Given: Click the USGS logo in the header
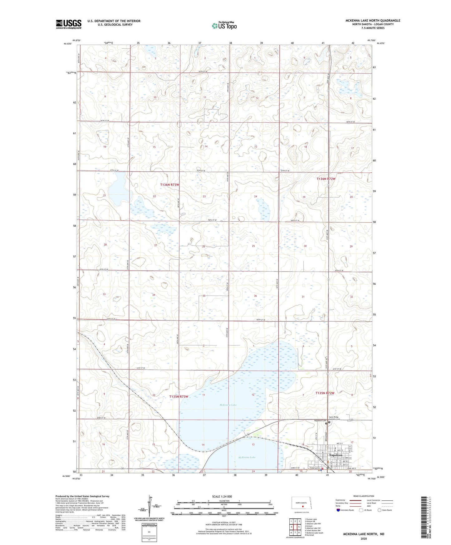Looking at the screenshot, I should point(68,24).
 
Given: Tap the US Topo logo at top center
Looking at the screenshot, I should point(224,26).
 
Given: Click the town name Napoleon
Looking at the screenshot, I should point(336,455).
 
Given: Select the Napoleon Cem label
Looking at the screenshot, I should point(320,421).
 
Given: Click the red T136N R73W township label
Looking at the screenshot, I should point(169,185).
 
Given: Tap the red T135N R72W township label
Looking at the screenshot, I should point(325,393).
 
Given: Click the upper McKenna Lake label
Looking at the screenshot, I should point(228,405).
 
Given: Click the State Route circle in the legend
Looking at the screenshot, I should point(380,510).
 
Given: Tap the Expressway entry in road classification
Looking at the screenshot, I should point(341,500).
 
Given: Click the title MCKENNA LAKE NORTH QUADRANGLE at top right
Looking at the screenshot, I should point(373,20).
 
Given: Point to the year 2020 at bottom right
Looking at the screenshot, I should point(363,538).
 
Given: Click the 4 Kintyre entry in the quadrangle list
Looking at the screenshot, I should point(309,526).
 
